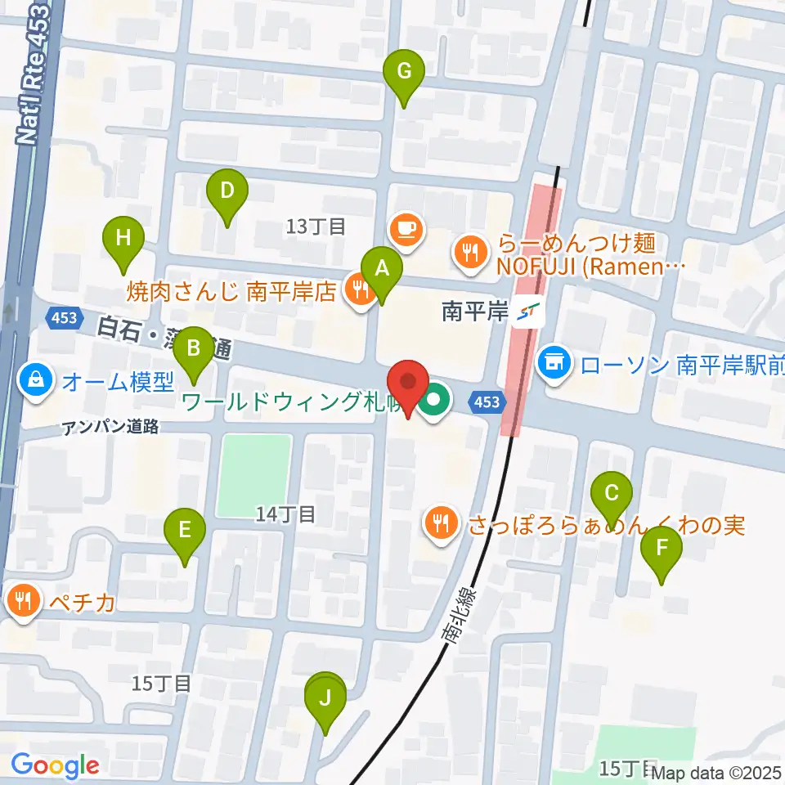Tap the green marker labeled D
(227, 191)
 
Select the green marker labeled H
(123, 239)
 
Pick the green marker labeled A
(380, 268)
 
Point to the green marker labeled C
(611, 494)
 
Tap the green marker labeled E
(186, 531)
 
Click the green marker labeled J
(325, 699)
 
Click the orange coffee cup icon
(406, 229)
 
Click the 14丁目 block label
(285, 514)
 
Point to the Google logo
(55, 765)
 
